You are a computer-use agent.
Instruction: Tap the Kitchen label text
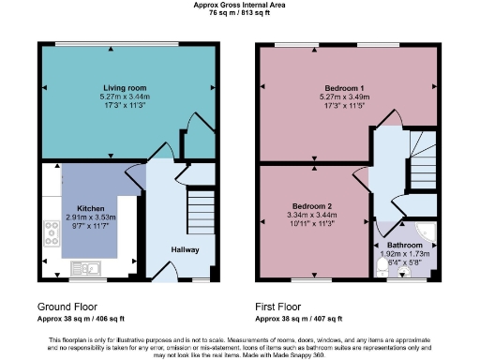coord(79,207)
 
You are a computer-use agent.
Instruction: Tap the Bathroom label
coord(405,245)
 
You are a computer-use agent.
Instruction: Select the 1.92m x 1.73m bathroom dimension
coord(405,254)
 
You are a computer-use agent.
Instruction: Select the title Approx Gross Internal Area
coord(240,6)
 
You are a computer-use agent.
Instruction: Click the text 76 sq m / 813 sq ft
coord(240,14)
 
